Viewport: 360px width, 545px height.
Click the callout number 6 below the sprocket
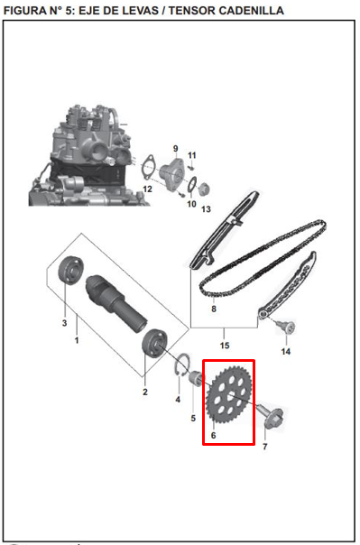tap(213, 435)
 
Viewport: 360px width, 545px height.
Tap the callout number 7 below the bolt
tap(265, 447)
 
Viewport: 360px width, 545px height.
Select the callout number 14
tap(286, 351)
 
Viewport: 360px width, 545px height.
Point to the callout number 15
tap(225, 346)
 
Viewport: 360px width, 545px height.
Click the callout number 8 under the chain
tap(214, 309)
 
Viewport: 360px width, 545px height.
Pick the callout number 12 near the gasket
tap(148, 189)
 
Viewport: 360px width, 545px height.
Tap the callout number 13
tap(206, 209)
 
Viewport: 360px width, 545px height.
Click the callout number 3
tap(64, 323)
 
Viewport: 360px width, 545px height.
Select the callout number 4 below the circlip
tap(178, 400)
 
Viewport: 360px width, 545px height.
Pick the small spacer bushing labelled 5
tap(196, 378)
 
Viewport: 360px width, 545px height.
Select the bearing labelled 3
tap(71, 271)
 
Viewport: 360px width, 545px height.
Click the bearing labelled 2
tap(154, 344)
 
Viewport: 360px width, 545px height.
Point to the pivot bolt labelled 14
tap(287, 327)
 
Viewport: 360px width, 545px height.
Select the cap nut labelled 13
tap(203, 189)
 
